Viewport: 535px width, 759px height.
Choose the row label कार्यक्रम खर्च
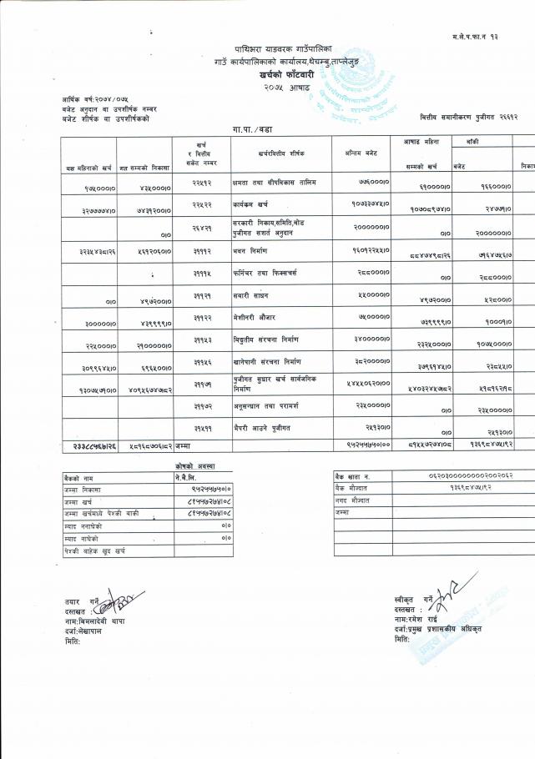click(x=253, y=203)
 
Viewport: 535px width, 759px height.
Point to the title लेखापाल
click(x=88, y=631)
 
